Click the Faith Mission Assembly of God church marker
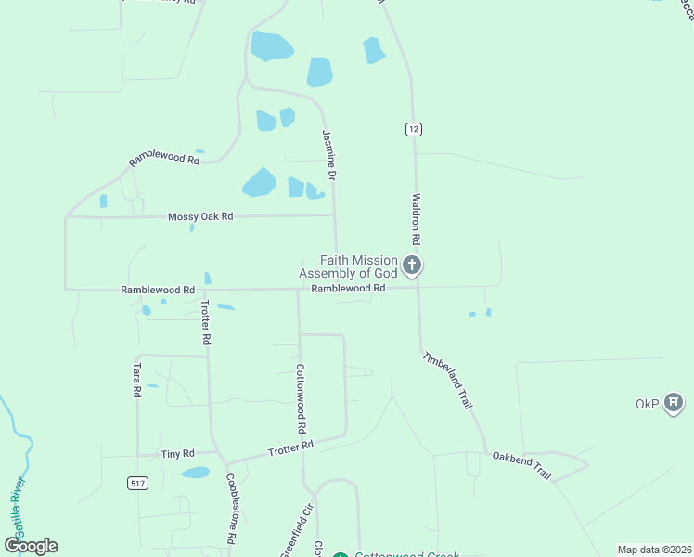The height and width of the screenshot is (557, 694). point(413,267)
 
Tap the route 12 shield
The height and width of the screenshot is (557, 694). point(412,129)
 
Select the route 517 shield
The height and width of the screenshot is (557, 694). point(137,484)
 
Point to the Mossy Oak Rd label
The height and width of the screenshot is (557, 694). point(199,216)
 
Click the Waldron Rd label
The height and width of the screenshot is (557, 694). point(418,220)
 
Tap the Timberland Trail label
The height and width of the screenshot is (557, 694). point(448,382)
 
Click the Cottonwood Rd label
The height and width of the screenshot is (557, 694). point(301,398)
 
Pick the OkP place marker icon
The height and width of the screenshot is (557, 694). point(675,404)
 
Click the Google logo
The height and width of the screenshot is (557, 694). point(32,546)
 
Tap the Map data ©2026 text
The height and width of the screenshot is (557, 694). point(653,550)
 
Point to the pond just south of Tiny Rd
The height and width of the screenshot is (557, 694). point(195,473)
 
